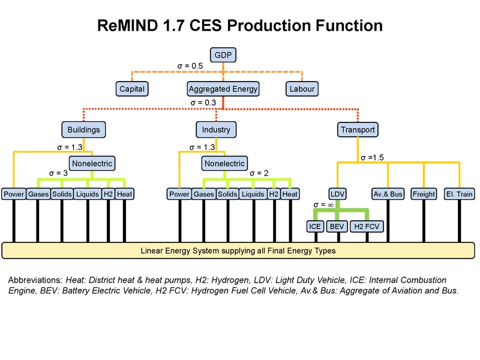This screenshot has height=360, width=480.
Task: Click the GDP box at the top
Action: point(223,55)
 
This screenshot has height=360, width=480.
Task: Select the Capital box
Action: point(131,89)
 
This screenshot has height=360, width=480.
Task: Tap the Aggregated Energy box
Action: point(223,89)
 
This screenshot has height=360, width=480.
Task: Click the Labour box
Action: point(301,89)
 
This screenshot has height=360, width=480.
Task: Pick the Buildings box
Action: point(83,130)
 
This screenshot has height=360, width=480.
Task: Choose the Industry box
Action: point(216,130)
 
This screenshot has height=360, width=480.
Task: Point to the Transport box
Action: point(358,130)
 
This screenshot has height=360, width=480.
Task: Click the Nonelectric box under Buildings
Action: point(92,163)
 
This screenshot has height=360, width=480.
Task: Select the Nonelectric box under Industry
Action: point(224,163)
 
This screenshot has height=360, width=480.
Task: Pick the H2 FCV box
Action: point(367,226)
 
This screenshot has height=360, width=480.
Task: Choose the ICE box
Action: point(314,226)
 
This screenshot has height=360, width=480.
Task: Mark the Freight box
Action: point(424,194)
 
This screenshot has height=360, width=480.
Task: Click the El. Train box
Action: point(459,194)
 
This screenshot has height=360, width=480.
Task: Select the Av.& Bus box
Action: point(388,194)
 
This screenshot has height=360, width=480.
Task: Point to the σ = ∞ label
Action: point(323,205)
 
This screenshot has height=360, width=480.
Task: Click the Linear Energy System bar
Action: point(238,250)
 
